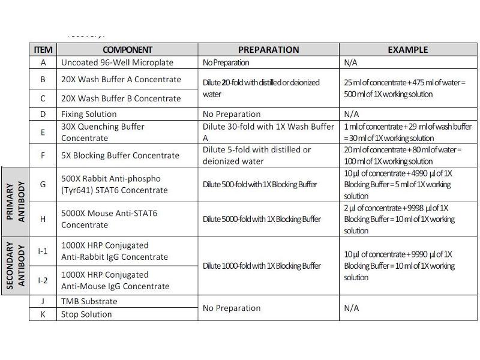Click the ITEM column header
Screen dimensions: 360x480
43,50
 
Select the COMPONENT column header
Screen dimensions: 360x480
127,50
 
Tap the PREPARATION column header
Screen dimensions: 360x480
268,50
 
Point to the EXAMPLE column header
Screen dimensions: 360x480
407,50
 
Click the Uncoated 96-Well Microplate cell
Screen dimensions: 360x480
117,62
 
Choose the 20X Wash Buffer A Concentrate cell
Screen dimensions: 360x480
121,79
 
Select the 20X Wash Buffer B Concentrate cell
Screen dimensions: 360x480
121,98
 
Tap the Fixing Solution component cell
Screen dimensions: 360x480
89,114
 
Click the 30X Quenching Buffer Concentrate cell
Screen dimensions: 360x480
103,132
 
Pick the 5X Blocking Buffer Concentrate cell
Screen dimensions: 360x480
120,155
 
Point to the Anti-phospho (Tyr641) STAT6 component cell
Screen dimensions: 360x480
114,184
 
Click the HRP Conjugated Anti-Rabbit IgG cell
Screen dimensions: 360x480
114,251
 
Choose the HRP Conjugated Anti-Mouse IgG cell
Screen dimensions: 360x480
115,280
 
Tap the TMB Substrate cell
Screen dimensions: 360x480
89,301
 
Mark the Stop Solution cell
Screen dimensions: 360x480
86,314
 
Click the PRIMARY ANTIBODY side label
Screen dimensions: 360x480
15,202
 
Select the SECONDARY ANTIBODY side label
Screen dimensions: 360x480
15,266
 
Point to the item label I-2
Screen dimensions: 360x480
43,280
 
